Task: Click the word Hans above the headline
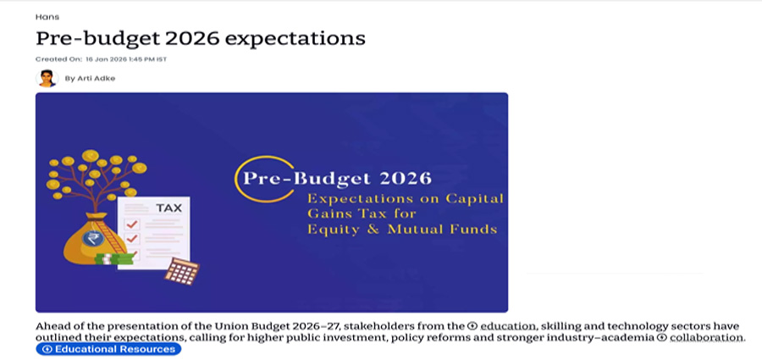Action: pos(47,17)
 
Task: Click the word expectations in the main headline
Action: pos(295,38)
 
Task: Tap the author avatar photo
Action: pos(47,78)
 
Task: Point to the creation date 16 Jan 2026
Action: pos(106,59)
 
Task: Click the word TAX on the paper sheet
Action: pos(168,208)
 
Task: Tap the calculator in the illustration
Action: pos(182,271)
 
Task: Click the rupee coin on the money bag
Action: pos(91,238)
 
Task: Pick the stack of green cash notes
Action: pos(114,259)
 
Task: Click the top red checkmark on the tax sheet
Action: pos(132,224)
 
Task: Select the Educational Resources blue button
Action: pos(108,349)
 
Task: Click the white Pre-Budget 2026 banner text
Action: pos(337,179)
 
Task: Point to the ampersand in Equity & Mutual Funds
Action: pos(373,230)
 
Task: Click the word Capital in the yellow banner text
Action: pos(476,199)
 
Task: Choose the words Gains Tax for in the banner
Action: pos(362,214)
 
